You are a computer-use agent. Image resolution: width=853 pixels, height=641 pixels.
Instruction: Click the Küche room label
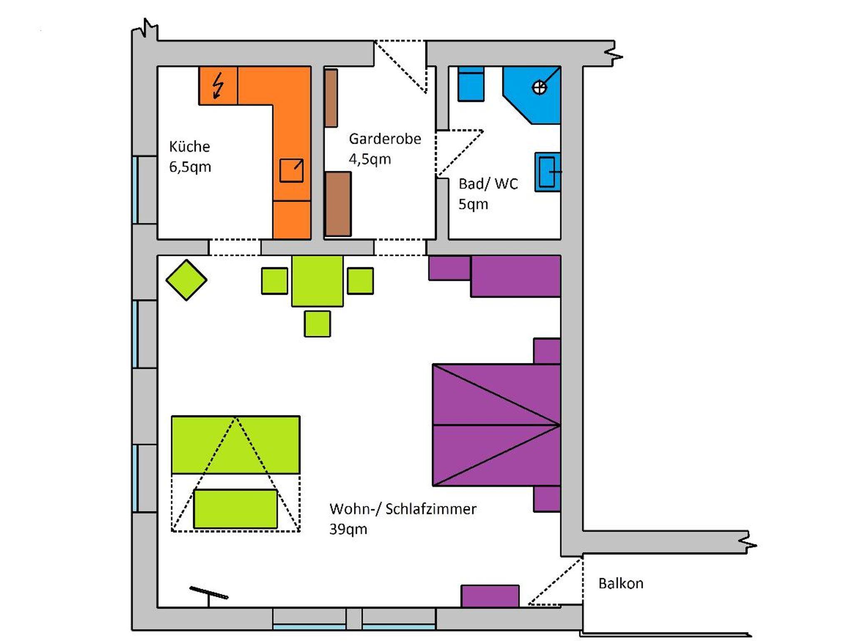pyautogui.click(x=190, y=147)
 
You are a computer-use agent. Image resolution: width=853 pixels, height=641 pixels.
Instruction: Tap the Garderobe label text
pyautogui.click(x=385, y=139)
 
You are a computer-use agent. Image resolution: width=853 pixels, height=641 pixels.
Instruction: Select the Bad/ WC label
pyautogui.click(x=488, y=184)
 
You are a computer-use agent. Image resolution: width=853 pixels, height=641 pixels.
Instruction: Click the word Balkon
pyautogui.click(x=621, y=583)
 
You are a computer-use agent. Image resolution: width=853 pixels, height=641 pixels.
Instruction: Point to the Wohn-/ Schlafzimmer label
pyautogui.click(x=403, y=509)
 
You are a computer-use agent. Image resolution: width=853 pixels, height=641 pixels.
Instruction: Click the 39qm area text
pyautogui.click(x=348, y=529)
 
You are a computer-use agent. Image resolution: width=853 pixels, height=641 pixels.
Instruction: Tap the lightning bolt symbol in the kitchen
pyautogui.click(x=217, y=85)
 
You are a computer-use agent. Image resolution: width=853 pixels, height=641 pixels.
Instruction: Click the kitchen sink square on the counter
pyautogui.click(x=291, y=170)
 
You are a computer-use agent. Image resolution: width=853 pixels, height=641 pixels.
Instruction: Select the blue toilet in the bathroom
pyautogui.click(x=471, y=84)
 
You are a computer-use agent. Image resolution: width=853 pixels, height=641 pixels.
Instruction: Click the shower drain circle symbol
pyautogui.click(x=539, y=88)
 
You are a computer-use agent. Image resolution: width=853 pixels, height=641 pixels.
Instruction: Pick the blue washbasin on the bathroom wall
pyautogui.click(x=548, y=172)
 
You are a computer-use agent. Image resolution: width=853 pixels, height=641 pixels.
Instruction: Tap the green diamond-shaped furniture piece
pyautogui.click(x=186, y=280)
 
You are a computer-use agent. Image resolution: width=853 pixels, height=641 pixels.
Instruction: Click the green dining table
pyautogui.click(x=317, y=281)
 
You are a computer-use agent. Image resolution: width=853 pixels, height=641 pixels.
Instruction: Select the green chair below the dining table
pyautogui.click(x=317, y=324)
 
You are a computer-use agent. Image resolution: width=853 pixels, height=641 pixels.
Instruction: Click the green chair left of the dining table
pyautogui.click(x=274, y=281)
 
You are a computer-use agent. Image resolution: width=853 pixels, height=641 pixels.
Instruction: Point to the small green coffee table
pyautogui.click(x=235, y=509)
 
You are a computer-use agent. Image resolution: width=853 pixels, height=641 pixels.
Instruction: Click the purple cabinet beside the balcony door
pyautogui.click(x=490, y=596)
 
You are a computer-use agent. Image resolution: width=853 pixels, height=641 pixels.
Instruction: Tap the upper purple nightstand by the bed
pyautogui.click(x=547, y=351)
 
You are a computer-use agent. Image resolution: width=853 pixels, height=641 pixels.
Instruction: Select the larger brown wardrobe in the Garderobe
pyautogui.click(x=338, y=204)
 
